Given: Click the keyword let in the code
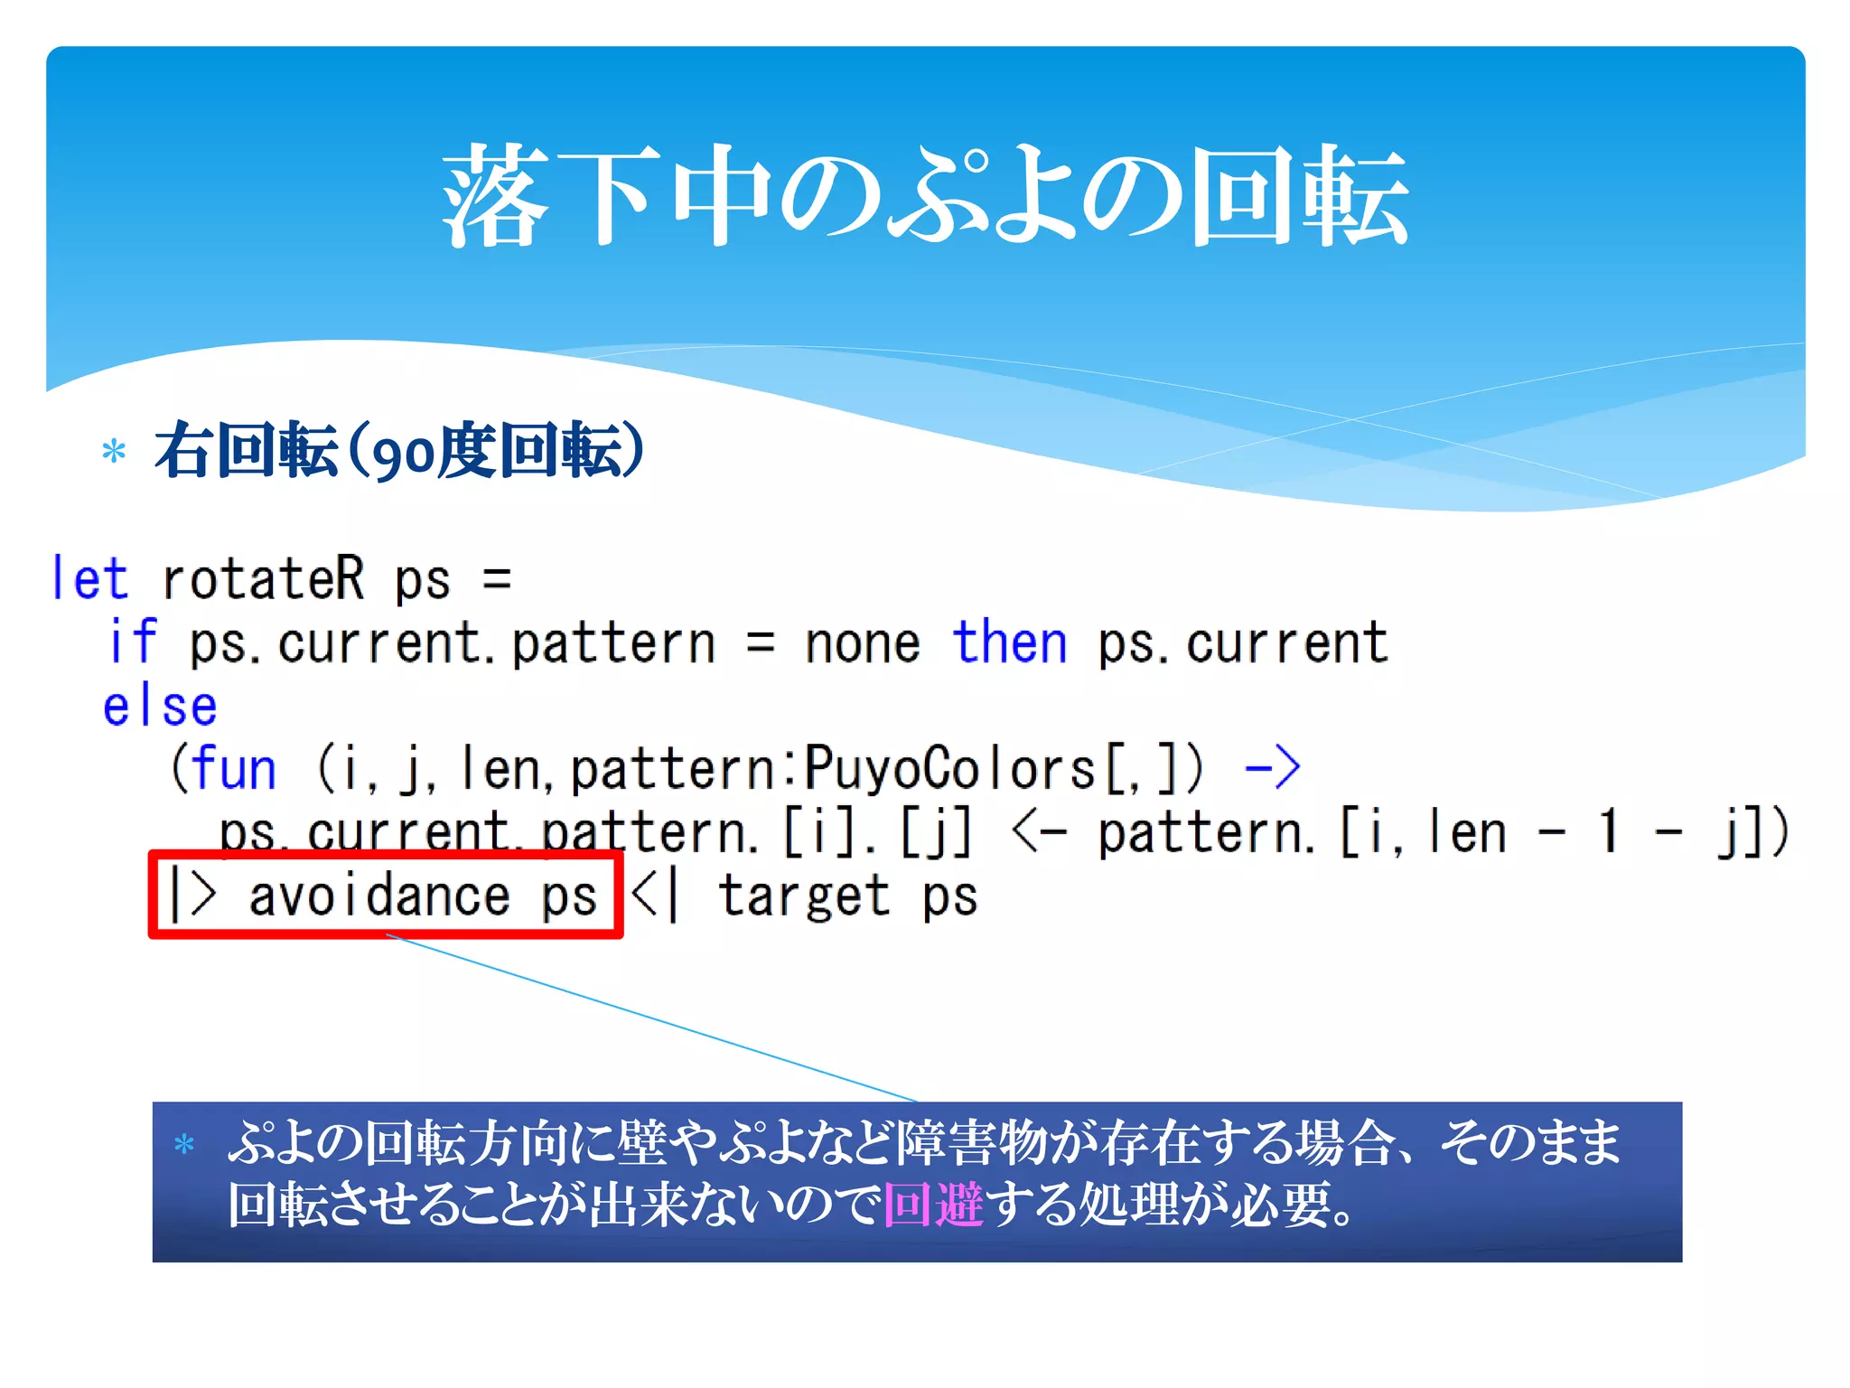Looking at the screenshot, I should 89,579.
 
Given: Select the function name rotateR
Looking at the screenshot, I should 263,579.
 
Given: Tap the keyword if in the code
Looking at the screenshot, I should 133,642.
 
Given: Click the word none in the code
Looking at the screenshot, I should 862,643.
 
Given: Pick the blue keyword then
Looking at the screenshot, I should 1010,643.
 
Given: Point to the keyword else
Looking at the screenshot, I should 160,706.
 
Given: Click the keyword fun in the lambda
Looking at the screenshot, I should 234,769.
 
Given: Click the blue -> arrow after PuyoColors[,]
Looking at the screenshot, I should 1272,769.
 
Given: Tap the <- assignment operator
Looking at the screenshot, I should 1039,832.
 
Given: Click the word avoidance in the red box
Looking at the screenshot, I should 378,896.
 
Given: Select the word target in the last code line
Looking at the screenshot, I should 804,896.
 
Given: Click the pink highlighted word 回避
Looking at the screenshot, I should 933,1205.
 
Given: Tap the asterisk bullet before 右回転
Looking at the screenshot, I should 114,451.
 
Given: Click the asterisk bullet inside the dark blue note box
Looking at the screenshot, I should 184,1144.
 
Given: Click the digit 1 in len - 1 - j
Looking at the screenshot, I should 1608,832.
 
